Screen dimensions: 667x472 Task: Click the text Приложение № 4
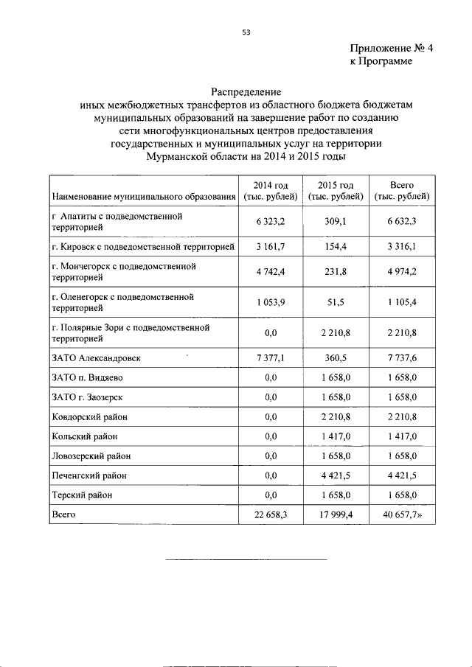(x=391, y=49)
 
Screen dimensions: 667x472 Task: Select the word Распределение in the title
(x=246, y=93)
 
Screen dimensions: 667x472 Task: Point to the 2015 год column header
(x=336, y=190)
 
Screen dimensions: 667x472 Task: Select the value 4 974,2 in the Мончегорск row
(x=403, y=271)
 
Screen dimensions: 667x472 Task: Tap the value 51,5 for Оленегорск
(x=336, y=303)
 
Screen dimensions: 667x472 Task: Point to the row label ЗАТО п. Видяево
(x=92, y=378)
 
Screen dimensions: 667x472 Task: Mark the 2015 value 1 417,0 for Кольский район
(x=336, y=436)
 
